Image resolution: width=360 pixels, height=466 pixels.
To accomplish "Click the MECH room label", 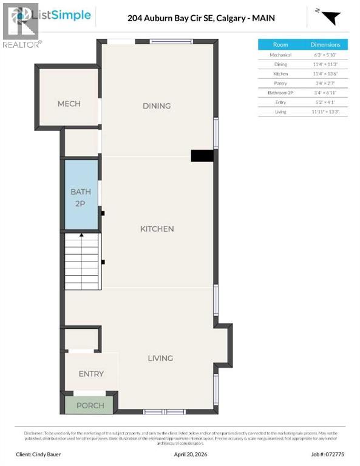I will (x=69, y=104).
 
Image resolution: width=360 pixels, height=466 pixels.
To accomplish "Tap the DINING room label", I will (x=157, y=106).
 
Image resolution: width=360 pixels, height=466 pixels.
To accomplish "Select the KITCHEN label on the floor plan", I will (x=157, y=229).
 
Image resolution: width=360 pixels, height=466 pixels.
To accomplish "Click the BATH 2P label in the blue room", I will (x=81, y=197).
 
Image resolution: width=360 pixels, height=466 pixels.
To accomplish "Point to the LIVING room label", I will (x=160, y=358).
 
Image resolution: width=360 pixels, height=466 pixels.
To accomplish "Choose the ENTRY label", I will (x=91, y=374).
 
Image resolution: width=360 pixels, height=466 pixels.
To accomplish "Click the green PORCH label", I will (x=89, y=405).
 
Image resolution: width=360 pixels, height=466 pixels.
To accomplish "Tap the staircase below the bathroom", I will (x=82, y=260).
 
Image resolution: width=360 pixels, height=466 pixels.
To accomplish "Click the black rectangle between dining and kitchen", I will (x=202, y=156).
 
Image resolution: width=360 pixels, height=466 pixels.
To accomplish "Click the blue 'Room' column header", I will (x=280, y=45).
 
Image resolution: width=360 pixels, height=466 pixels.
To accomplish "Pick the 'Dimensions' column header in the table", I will (x=325, y=45).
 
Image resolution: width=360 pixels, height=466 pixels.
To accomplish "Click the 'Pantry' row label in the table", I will (x=280, y=83).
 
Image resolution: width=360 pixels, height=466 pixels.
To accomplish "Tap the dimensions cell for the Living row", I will (x=325, y=112).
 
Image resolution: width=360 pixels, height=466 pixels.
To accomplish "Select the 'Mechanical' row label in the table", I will (x=280, y=55).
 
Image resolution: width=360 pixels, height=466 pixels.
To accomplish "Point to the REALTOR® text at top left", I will (x=22, y=44).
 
